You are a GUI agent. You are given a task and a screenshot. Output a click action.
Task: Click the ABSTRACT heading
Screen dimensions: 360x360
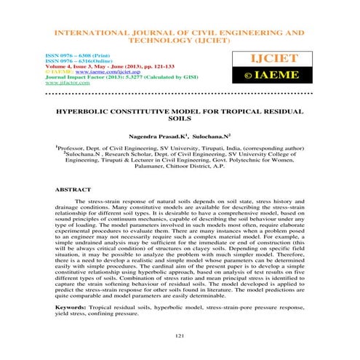click(x=72, y=188)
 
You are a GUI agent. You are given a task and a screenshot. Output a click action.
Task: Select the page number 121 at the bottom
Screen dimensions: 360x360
click(x=180, y=335)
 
